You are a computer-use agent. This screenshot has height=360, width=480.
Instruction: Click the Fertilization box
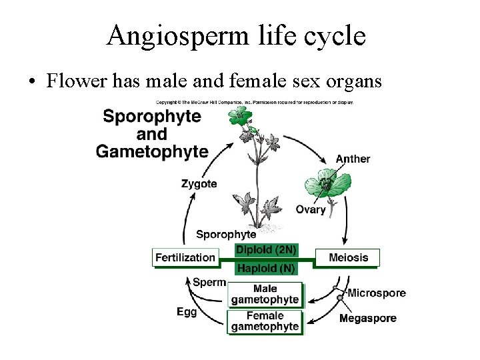[x=185, y=257]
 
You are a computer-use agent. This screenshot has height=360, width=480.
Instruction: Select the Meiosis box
[x=347, y=257]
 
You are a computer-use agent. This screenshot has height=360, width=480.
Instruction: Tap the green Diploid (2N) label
[x=266, y=251]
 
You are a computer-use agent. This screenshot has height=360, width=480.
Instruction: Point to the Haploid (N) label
[x=266, y=268]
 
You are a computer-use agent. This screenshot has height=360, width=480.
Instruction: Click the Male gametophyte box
[x=265, y=294]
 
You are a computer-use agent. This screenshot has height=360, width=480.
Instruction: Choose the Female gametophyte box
[x=265, y=321]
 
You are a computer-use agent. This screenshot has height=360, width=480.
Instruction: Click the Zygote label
[x=199, y=184]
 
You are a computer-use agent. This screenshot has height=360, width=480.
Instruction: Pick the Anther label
[x=353, y=159]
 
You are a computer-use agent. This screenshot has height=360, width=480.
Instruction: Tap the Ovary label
[x=311, y=210]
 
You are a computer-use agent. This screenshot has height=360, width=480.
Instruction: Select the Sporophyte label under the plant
[x=226, y=235]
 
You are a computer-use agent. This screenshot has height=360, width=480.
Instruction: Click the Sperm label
[x=209, y=282]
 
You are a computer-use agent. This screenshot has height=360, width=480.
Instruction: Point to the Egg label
[x=187, y=311]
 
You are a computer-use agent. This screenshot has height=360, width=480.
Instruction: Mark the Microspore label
[x=377, y=293]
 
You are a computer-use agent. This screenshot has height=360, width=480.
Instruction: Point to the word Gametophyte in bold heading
[x=152, y=152]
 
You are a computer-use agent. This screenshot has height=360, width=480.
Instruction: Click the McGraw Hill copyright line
[x=255, y=102]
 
